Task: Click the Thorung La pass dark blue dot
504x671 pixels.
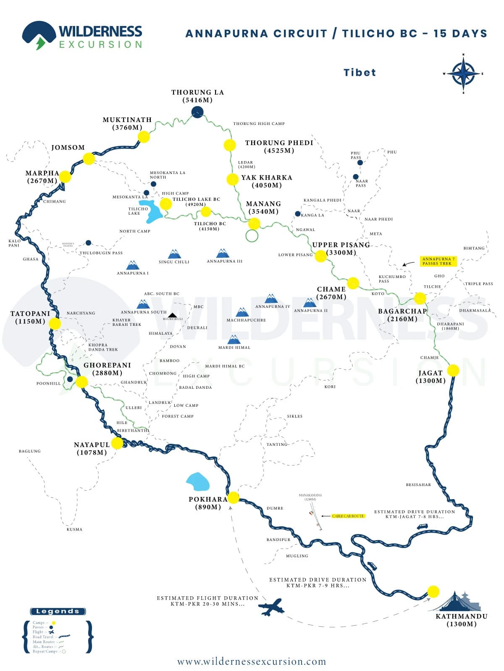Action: point(197,112)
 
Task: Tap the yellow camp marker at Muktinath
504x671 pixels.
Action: point(144,137)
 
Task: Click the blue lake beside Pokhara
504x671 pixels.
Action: point(198,482)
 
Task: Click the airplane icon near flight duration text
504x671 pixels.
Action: point(271,607)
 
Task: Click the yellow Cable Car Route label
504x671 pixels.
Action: point(348,516)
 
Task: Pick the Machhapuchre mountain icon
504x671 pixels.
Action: point(242,312)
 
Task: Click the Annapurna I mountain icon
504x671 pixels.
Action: point(133,265)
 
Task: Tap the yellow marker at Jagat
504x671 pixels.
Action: point(453,370)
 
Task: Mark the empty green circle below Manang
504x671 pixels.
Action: point(252,236)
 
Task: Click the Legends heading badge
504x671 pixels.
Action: point(58,611)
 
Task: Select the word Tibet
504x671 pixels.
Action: point(360,73)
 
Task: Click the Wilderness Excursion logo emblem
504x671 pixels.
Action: point(39,35)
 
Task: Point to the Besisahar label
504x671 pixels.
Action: point(418,485)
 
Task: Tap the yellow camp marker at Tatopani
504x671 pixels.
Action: point(55,323)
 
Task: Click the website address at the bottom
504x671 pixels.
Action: point(252,662)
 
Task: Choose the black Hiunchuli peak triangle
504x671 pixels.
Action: point(172,315)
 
